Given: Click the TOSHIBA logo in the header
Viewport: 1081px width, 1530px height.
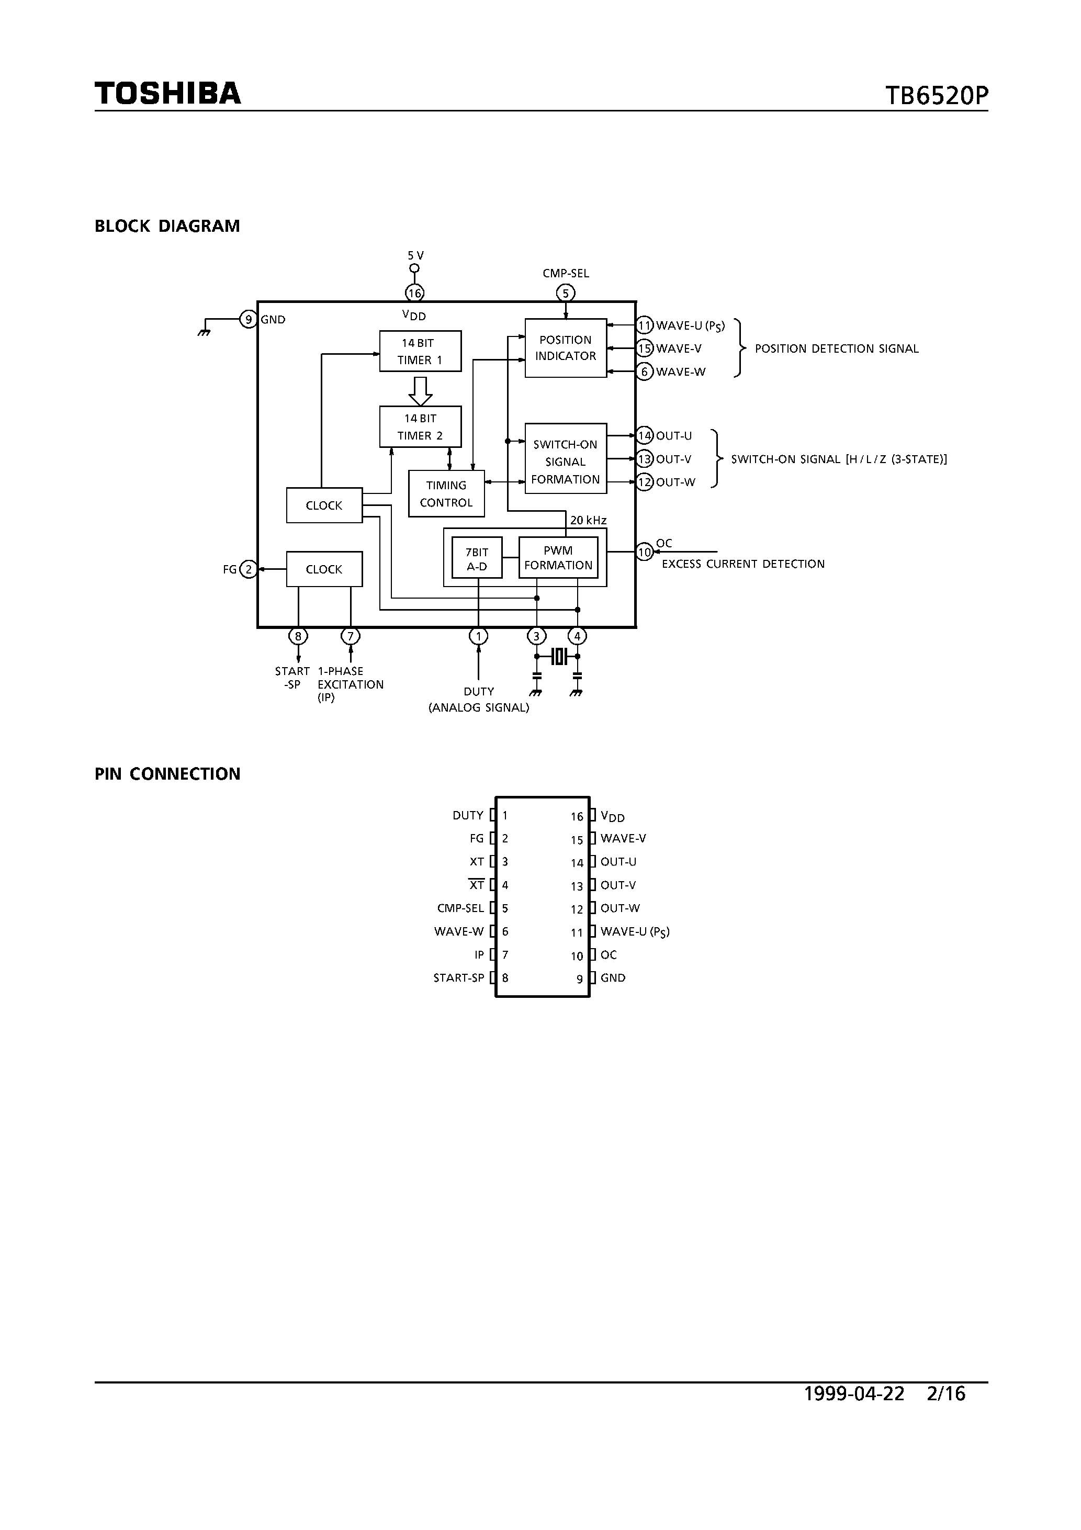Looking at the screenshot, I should [x=167, y=93].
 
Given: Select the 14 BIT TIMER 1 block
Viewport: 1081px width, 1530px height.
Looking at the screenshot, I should [x=420, y=351].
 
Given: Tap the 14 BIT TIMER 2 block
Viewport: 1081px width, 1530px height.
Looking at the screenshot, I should [x=420, y=426].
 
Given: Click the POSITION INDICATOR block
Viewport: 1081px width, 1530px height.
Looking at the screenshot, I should [x=565, y=348].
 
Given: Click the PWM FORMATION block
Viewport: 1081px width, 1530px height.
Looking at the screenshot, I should [x=558, y=558].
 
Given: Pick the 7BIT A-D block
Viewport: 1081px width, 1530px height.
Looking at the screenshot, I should [x=477, y=559].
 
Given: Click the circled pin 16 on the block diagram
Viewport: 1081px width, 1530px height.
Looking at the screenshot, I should [x=414, y=292].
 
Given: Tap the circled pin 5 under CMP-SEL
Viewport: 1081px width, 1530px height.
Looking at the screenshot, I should [x=565, y=292].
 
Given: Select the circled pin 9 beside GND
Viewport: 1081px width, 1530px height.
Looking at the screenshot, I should [x=249, y=319].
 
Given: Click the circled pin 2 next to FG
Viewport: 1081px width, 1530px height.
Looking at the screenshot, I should [x=249, y=569].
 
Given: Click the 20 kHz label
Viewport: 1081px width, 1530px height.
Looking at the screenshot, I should [x=588, y=520].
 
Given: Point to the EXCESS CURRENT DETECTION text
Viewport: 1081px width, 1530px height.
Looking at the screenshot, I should [x=742, y=564].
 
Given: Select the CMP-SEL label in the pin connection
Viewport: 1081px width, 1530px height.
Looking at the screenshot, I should [x=460, y=908].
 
